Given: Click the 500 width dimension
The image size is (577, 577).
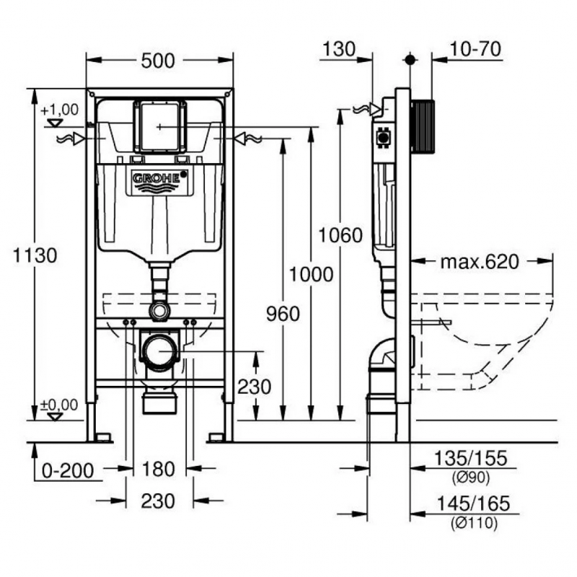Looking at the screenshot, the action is pos(158,61).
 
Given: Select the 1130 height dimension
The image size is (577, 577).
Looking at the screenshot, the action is pos(35,255).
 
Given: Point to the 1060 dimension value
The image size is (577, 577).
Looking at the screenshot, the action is pos(340,235).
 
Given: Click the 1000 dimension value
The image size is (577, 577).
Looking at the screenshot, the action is pos(312,274).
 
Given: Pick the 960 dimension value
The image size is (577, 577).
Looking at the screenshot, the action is pos(283,314).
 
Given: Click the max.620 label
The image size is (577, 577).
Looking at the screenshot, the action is pos(480,262).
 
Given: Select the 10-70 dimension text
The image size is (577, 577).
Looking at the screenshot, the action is pos(475,49).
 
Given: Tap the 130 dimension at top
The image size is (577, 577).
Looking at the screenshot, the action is pos(339,49).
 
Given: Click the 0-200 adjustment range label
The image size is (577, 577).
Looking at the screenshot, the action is pos(68,471).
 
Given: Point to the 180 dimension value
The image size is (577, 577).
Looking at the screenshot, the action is pos(158,470).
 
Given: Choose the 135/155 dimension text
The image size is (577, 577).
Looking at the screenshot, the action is pos(471,458).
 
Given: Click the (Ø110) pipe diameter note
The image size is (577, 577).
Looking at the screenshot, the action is pos(475,522).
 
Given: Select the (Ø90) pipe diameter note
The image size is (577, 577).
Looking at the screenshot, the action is pos(471,477).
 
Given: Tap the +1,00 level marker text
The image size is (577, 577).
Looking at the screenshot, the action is pos(60,110).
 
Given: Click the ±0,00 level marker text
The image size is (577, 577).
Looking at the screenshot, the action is pos(59,405).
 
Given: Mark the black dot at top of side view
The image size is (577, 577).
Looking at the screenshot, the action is pos(410,60).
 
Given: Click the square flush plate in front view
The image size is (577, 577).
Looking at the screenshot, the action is pos(159,126).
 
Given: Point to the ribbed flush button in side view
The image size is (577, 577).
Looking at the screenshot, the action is pos(423,125).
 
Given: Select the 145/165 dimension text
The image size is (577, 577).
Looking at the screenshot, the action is pos(474,503).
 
